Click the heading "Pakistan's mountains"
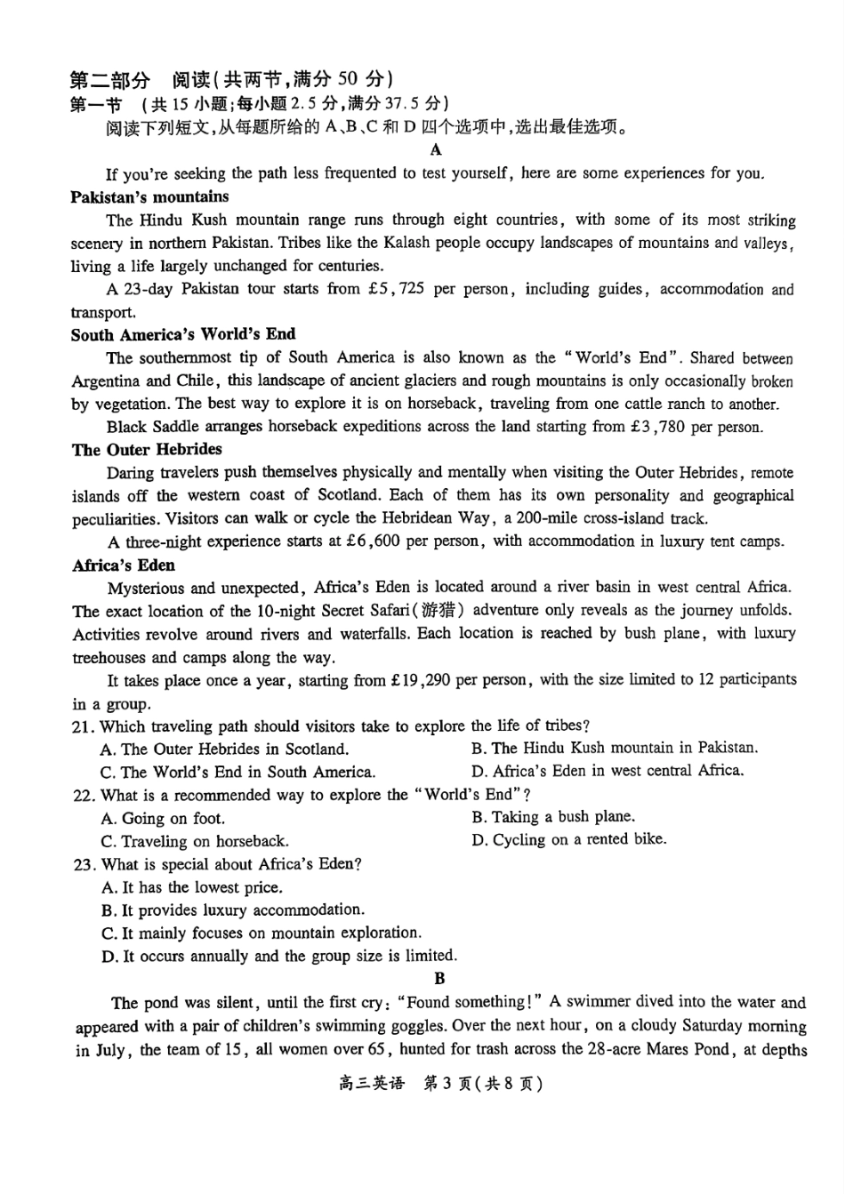click(149, 197)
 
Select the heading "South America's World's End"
click(183, 335)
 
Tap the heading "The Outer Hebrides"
click(147, 450)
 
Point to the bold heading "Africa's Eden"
click(124, 565)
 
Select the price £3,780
click(656, 427)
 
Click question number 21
click(83, 726)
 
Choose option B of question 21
click(615, 749)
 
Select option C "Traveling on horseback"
click(195, 841)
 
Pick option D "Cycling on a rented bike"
click(568, 839)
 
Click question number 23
click(83, 864)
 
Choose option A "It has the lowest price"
click(192, 887)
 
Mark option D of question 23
click(279, 957)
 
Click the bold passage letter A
click(435, 150)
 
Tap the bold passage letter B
click(439, 979)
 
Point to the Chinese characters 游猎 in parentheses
click(439, 611)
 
